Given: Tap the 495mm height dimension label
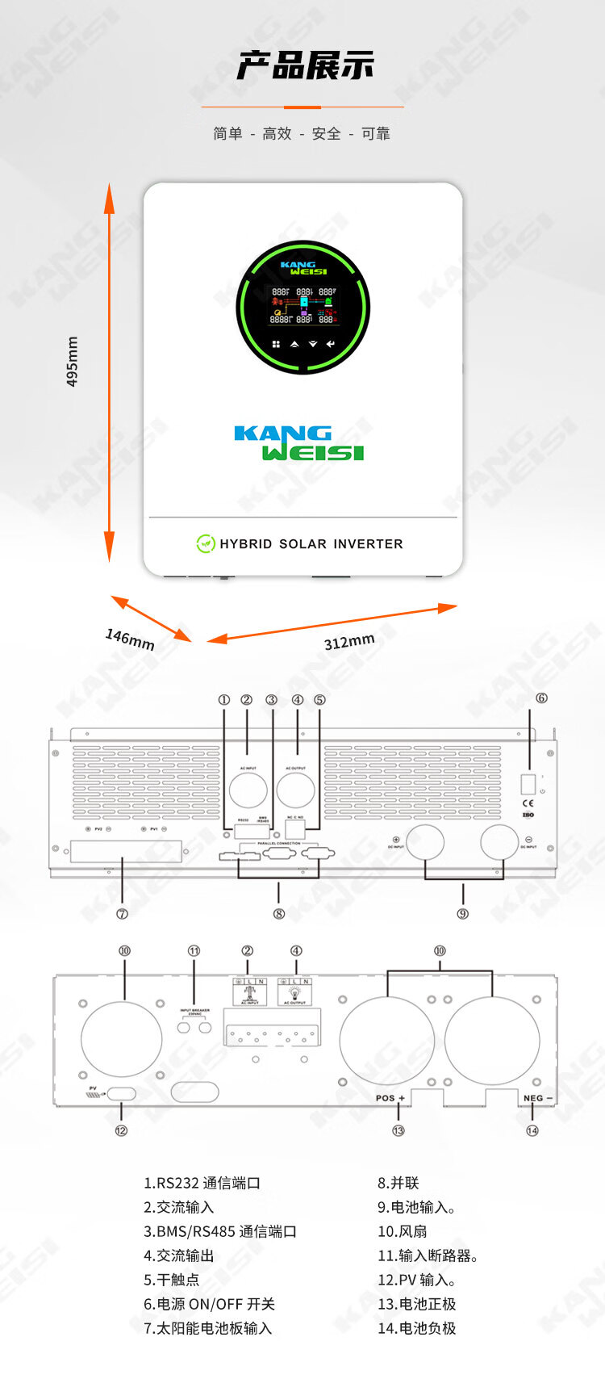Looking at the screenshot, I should (73, 362).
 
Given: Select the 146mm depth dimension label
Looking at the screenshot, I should (129, 639).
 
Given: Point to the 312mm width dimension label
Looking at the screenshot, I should (349, 641).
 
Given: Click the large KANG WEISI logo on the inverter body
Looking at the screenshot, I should (299, 443).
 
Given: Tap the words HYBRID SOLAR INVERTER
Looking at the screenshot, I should (311, 544).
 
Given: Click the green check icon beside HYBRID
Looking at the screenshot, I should (206, 543).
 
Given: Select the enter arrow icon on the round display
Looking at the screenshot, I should (331, 344).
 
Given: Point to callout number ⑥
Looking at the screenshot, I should (541, 698).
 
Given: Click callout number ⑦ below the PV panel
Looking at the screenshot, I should (122, 914).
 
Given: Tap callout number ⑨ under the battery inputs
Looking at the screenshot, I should (462, 914).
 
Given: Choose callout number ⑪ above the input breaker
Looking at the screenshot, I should (194, 951).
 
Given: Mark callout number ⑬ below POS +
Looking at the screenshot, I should (398, 1130).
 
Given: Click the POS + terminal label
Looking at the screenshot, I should (390, 1098).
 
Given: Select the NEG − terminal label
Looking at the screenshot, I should (537, 1098).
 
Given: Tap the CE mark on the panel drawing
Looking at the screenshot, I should (528, 803).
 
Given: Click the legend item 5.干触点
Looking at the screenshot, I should (171, 1280).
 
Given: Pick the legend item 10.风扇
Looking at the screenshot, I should (402, 1231).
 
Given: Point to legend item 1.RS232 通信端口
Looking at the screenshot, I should (202, 1183).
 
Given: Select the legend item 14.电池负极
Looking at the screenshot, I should (416, 1328).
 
